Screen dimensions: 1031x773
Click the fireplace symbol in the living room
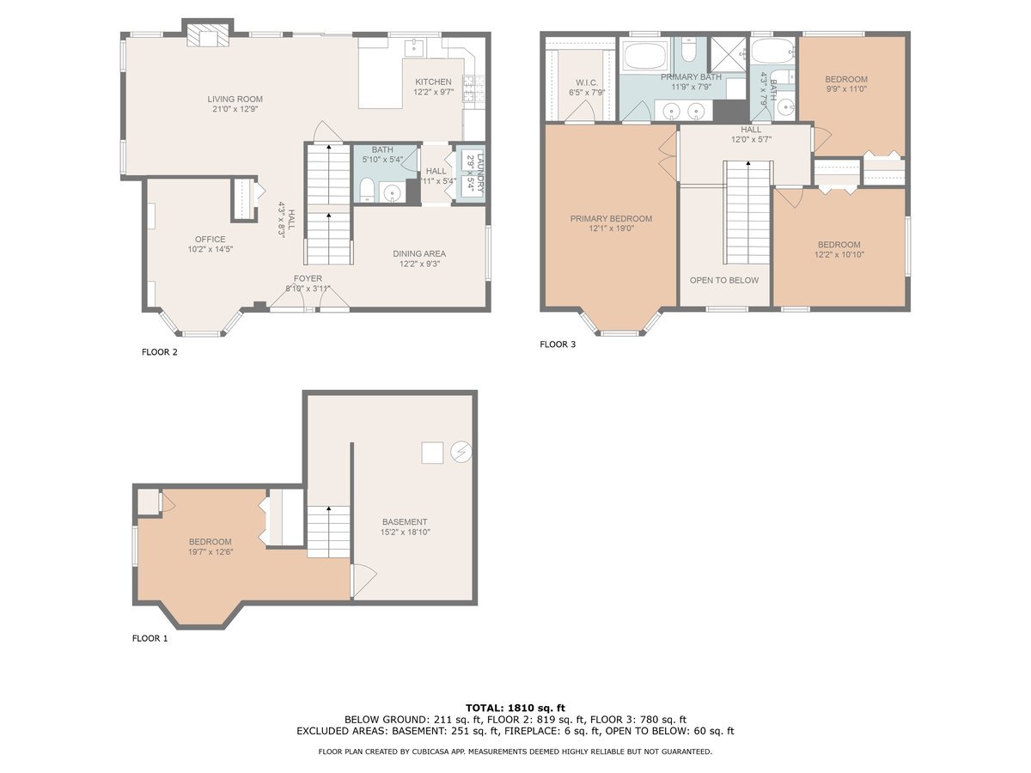coord(208,35)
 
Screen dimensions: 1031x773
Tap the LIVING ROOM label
coord(235,99)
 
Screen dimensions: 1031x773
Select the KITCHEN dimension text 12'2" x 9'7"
coord(434,92)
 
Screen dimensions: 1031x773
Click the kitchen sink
coord(414,47)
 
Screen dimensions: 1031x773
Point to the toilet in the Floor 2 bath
coord(366,190)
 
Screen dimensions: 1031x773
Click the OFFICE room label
coord(210,240)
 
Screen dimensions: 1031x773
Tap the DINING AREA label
coord(419,254)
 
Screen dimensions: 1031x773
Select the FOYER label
coord(308,278)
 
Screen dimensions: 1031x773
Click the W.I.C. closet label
coord(587,83)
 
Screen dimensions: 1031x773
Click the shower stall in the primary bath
coord(728,53)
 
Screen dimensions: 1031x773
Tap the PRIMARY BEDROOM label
coord(611,219)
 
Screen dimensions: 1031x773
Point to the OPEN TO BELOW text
coord(724,280)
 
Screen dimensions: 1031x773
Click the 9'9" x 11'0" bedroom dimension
coord(846,88)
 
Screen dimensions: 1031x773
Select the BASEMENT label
coord(405,522)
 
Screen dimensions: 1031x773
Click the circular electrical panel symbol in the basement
coord(461,452)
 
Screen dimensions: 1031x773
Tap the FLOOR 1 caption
coord(149,638)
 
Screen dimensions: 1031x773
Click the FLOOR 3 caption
coord(558,344)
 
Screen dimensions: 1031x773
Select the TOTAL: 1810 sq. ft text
coord(515,708)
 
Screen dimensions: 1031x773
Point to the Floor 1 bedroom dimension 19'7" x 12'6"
coord(210,552)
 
